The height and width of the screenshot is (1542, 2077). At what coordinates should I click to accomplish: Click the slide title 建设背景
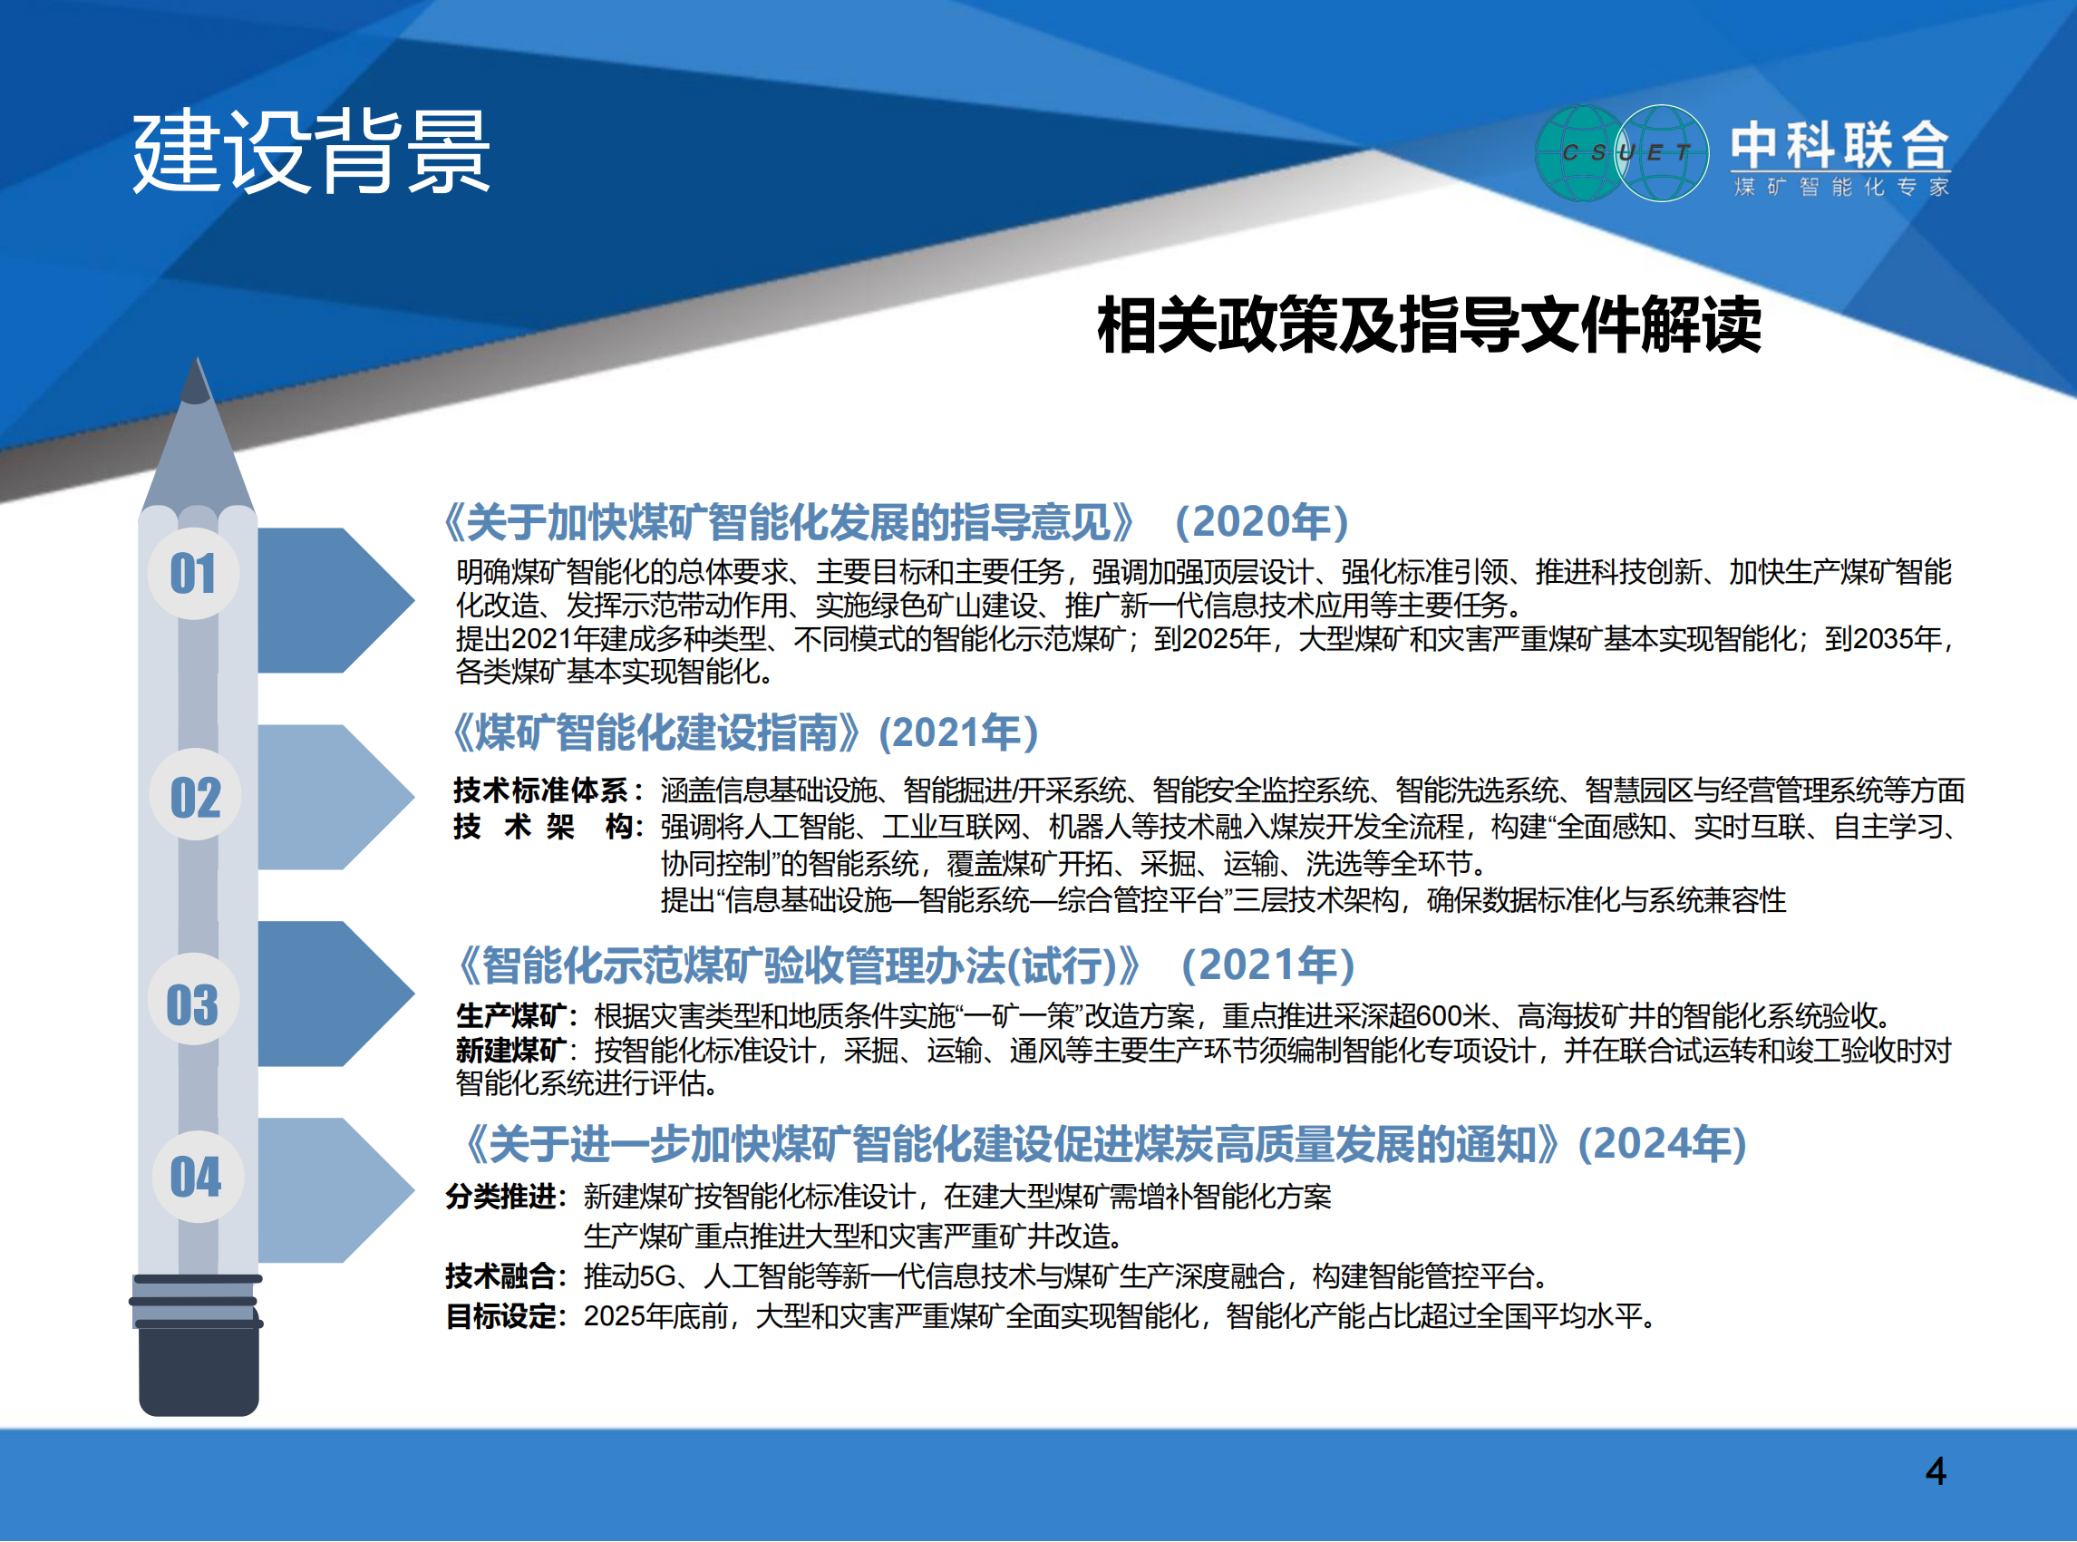pos(311,151)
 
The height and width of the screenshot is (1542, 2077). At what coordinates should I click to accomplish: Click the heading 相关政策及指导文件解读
pos(1428,325)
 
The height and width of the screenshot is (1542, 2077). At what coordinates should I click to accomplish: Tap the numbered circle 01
pos(194,573)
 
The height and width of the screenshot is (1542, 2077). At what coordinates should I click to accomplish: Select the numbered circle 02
pos(195,795)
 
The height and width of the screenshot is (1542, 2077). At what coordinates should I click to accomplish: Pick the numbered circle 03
pos(193,1000)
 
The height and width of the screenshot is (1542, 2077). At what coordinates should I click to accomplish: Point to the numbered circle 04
pos(197,1176)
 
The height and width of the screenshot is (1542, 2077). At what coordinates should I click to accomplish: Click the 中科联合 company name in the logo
pos(1840,145)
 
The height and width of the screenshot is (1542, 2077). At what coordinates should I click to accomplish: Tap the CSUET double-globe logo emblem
pos(1623,153)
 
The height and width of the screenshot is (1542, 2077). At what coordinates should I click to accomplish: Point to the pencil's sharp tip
pos(196,358)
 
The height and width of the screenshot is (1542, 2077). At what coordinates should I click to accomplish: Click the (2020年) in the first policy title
pos(1262,521)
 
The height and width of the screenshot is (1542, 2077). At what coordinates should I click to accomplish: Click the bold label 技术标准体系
pos(539,790)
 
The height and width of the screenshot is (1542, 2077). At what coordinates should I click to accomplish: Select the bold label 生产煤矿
pos(510,1014)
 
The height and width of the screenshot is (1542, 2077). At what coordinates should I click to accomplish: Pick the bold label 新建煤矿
pos(510,1050)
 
